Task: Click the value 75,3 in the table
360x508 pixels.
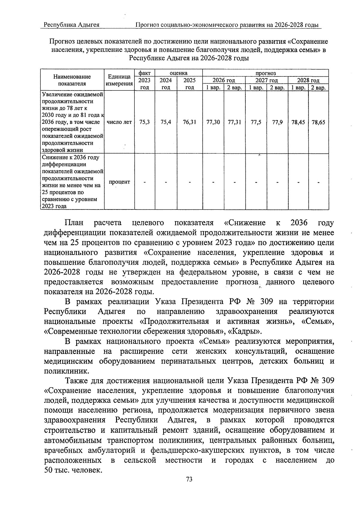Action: pyautogui.click(x=145, y=122)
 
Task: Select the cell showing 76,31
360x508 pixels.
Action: pyautogui.click(x=189, y=122)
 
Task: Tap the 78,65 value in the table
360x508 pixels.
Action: pyautogui.click(x=318, y=122)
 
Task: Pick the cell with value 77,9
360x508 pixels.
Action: pyautogui.click(x=277, y=122)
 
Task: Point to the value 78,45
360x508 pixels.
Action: pyautogui.click(x=298, y=122)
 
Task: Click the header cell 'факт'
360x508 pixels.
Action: pyautogui.click(x=145, y=73)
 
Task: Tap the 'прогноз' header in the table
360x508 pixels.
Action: pyautogui.click(x=265, y=73)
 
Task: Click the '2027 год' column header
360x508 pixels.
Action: pyautogui.click(x=266, y=80)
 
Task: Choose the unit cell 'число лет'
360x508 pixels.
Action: pyautogui.click(x=119, y=122)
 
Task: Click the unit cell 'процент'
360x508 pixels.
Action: pyautogui.click(x=119, y=182)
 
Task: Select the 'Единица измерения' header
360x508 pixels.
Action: pyautogui.click(x=119, y=80)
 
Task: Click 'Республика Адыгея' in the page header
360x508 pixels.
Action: pyautogui.click(x=71, y=25)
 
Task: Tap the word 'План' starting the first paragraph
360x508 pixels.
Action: pyautogui.click(x=74, y=223)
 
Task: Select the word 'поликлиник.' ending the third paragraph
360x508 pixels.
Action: pyautogui.click(x=62, y=371)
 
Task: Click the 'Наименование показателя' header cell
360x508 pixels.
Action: pyautogui.click(x=72, y=80)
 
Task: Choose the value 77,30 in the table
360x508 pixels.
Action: pyautogui.click(x=213, y=122)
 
